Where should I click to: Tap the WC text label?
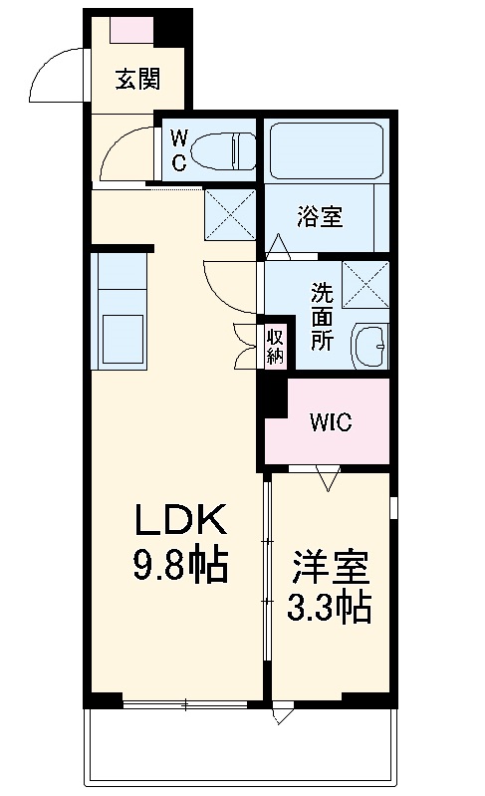[178, 150]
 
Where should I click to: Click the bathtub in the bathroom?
[325, 149]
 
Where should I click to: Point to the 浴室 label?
[320, 216]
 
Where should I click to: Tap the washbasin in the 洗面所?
[369, 345]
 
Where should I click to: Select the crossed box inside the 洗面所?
[364, 283]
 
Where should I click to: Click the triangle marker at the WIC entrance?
[329, 479]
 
